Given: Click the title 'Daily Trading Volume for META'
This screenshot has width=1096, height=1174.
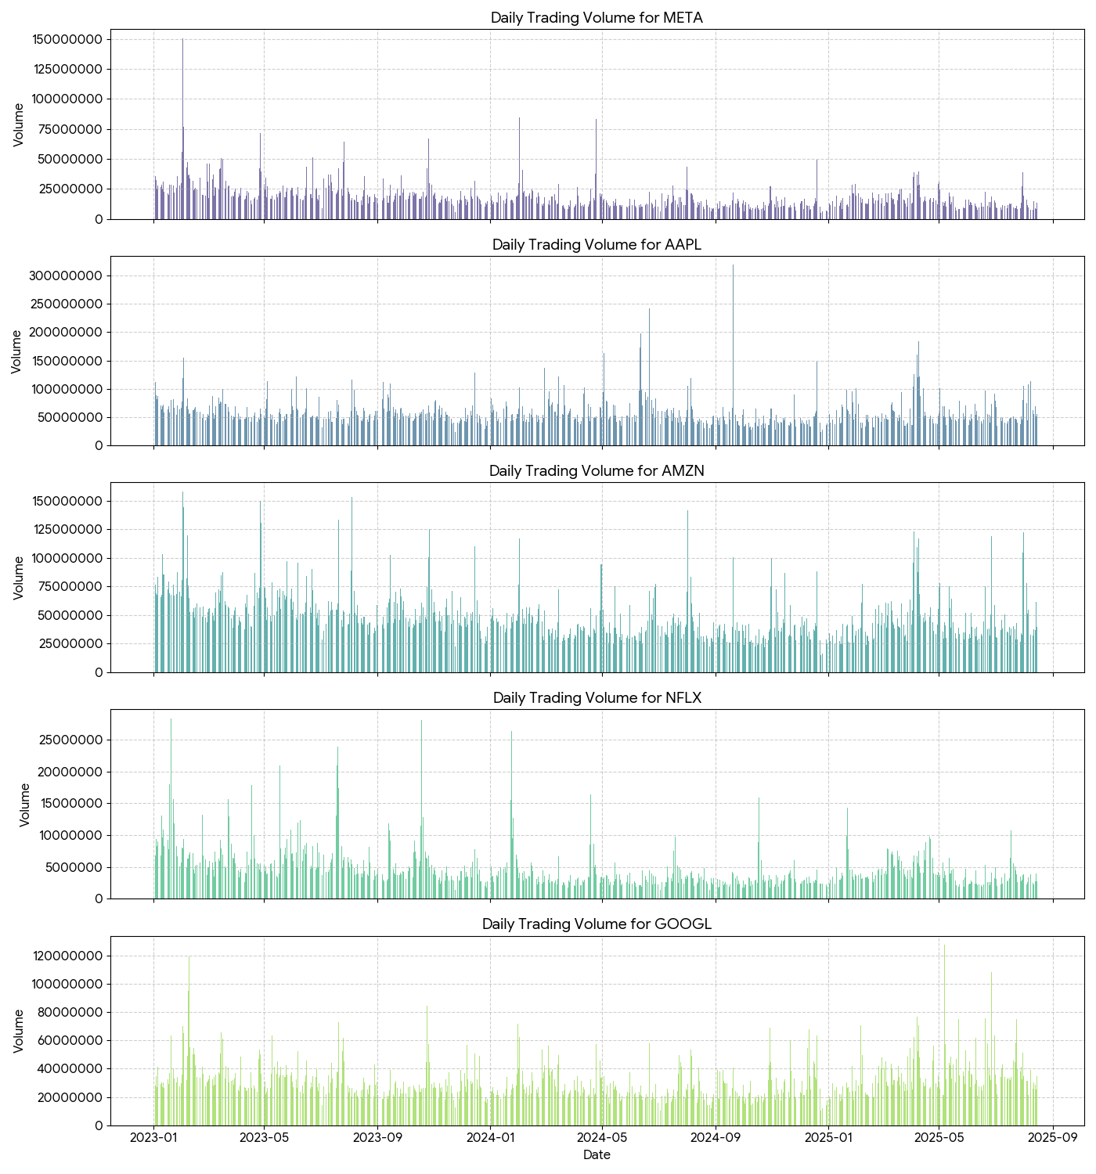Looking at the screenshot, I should (x=597, y=18).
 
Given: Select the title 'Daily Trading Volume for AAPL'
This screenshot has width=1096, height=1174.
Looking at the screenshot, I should (x=597, y=244).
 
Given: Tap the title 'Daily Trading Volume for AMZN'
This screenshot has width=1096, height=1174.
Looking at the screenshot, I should (x=597, y=470).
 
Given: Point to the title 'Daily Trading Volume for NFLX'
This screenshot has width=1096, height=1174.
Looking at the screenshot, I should (x=597, y=697).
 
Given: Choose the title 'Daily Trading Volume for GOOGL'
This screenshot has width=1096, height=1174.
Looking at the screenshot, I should (x=597, y=924).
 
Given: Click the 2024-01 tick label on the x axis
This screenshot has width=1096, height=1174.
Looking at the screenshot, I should (x=490, y=1137).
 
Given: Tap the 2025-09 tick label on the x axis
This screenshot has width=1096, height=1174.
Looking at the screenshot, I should (x=1053, y=1137).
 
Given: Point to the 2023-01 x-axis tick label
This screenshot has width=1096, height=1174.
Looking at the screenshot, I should (x=153, y=1137).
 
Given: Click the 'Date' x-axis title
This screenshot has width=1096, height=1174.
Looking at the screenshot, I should (x=597, y=1155).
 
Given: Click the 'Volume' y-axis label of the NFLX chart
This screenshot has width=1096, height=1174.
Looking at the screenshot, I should (x=24, y=804).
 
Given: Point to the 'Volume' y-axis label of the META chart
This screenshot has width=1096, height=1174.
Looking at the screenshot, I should (x=19, y=124).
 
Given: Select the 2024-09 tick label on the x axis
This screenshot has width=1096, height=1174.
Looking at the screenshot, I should (x=715, y=1137).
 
